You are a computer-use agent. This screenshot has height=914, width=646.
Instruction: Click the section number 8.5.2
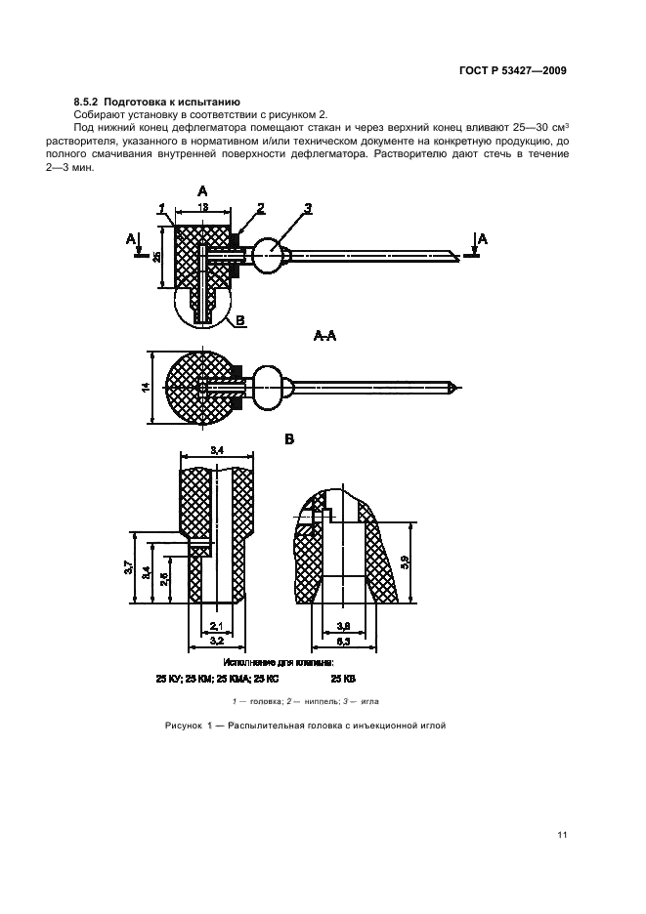point(90,102)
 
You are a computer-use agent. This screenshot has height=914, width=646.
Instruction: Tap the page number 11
point(561,834)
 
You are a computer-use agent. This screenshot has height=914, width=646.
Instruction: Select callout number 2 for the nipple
point(261,207)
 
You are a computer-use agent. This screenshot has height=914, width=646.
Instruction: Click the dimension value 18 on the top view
point(201,207)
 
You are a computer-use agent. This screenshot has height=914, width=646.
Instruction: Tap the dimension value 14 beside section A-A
point(145,388)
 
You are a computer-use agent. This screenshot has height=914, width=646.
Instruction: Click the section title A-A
point(324,335)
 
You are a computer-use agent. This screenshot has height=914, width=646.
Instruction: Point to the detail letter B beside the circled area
point(240,319)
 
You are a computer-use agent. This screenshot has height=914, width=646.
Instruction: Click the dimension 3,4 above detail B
point(217,450)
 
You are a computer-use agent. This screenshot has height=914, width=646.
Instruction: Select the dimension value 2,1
point(217,626)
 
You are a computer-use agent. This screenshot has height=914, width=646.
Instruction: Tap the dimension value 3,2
point(217,641)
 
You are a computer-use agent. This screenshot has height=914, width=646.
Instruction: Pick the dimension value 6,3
point(343,641)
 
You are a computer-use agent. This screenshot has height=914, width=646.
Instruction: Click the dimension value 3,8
point(343,626)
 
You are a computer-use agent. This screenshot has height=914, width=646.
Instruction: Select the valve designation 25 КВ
point(343,676)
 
